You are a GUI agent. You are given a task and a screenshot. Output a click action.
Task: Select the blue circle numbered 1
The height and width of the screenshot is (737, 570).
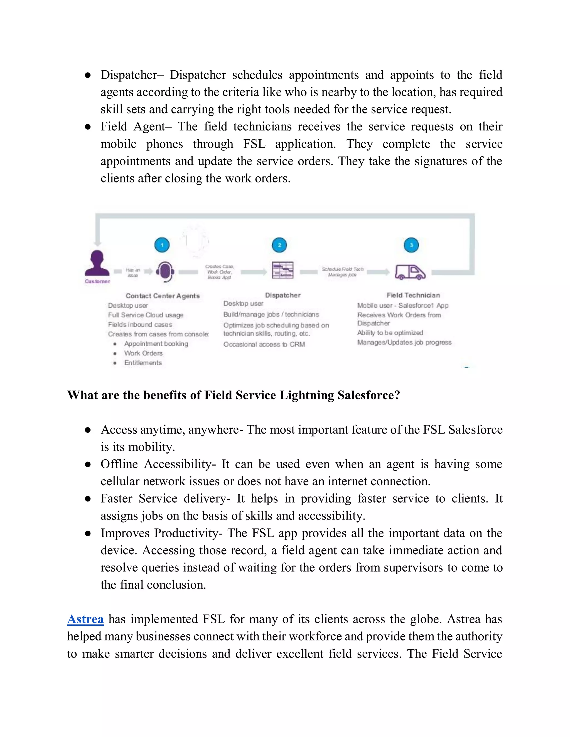tap(162, 245)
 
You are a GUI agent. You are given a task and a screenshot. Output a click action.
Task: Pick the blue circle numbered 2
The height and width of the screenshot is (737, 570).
tap(279, 245)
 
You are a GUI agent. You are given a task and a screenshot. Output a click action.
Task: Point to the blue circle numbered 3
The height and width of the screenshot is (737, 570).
tap(411, 245)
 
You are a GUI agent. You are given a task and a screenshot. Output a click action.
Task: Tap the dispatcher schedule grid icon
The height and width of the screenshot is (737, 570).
tap(283, 270)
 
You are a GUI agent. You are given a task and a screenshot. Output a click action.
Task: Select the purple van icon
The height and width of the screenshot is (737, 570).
tap(410, 272)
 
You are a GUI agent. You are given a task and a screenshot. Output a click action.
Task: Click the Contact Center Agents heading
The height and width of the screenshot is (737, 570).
tap(163, 296)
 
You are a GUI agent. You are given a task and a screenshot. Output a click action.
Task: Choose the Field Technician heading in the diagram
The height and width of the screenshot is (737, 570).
tap(413, 295)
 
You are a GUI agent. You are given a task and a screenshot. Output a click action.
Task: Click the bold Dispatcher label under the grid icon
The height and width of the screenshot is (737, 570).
tap(283, 295)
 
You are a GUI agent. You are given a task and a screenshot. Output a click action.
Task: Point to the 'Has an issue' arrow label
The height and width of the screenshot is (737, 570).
tap(133, 272)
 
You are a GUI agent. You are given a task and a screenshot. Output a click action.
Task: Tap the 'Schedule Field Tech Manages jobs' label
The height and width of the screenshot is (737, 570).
tap(342, 272)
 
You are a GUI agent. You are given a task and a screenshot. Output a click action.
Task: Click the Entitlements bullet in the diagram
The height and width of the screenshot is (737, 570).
tap(143, 363)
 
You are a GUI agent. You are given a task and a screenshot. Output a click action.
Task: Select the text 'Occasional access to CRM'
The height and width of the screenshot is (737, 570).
tap(264, 344)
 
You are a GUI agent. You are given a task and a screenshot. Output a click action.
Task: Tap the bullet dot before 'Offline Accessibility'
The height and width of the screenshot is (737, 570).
tap(88, 464)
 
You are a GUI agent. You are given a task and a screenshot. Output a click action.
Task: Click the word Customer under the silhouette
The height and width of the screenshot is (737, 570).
tap(97, 281)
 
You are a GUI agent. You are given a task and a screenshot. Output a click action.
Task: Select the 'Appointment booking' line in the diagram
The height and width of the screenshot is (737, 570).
tap(156, 343)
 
